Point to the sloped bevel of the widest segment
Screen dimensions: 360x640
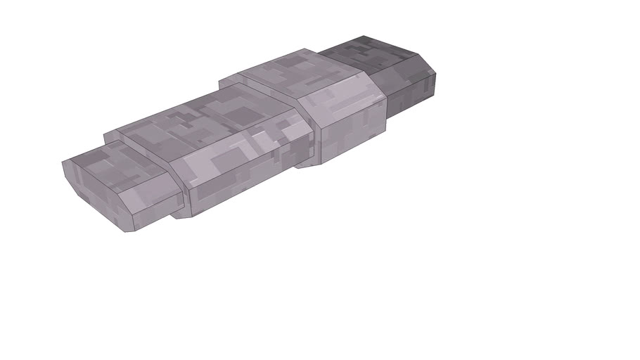(x=345, y=98)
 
